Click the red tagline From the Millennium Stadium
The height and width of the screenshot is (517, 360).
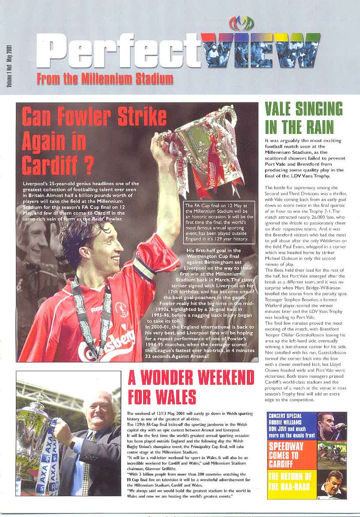point(105,79)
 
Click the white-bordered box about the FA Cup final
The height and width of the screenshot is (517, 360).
point(219,222)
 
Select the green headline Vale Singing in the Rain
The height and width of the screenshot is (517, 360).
point(303,118)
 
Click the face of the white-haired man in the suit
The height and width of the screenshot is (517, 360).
point(99,414)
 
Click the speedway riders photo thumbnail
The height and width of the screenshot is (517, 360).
point(332,455)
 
